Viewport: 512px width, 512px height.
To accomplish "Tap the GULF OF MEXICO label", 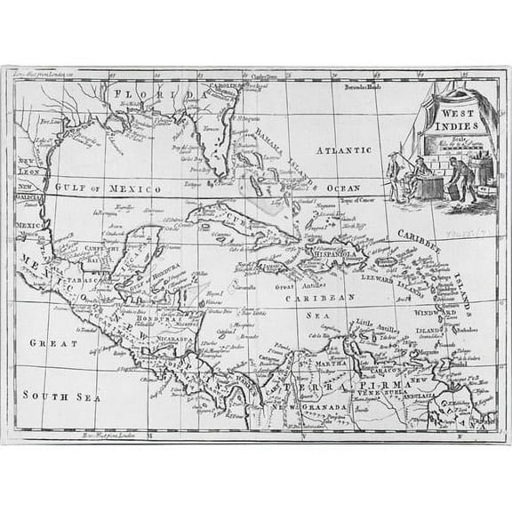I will coord(108,189).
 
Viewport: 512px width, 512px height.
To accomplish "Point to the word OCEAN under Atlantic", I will coord(341,188).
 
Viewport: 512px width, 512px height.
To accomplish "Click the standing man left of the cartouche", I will coord(395,174).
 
